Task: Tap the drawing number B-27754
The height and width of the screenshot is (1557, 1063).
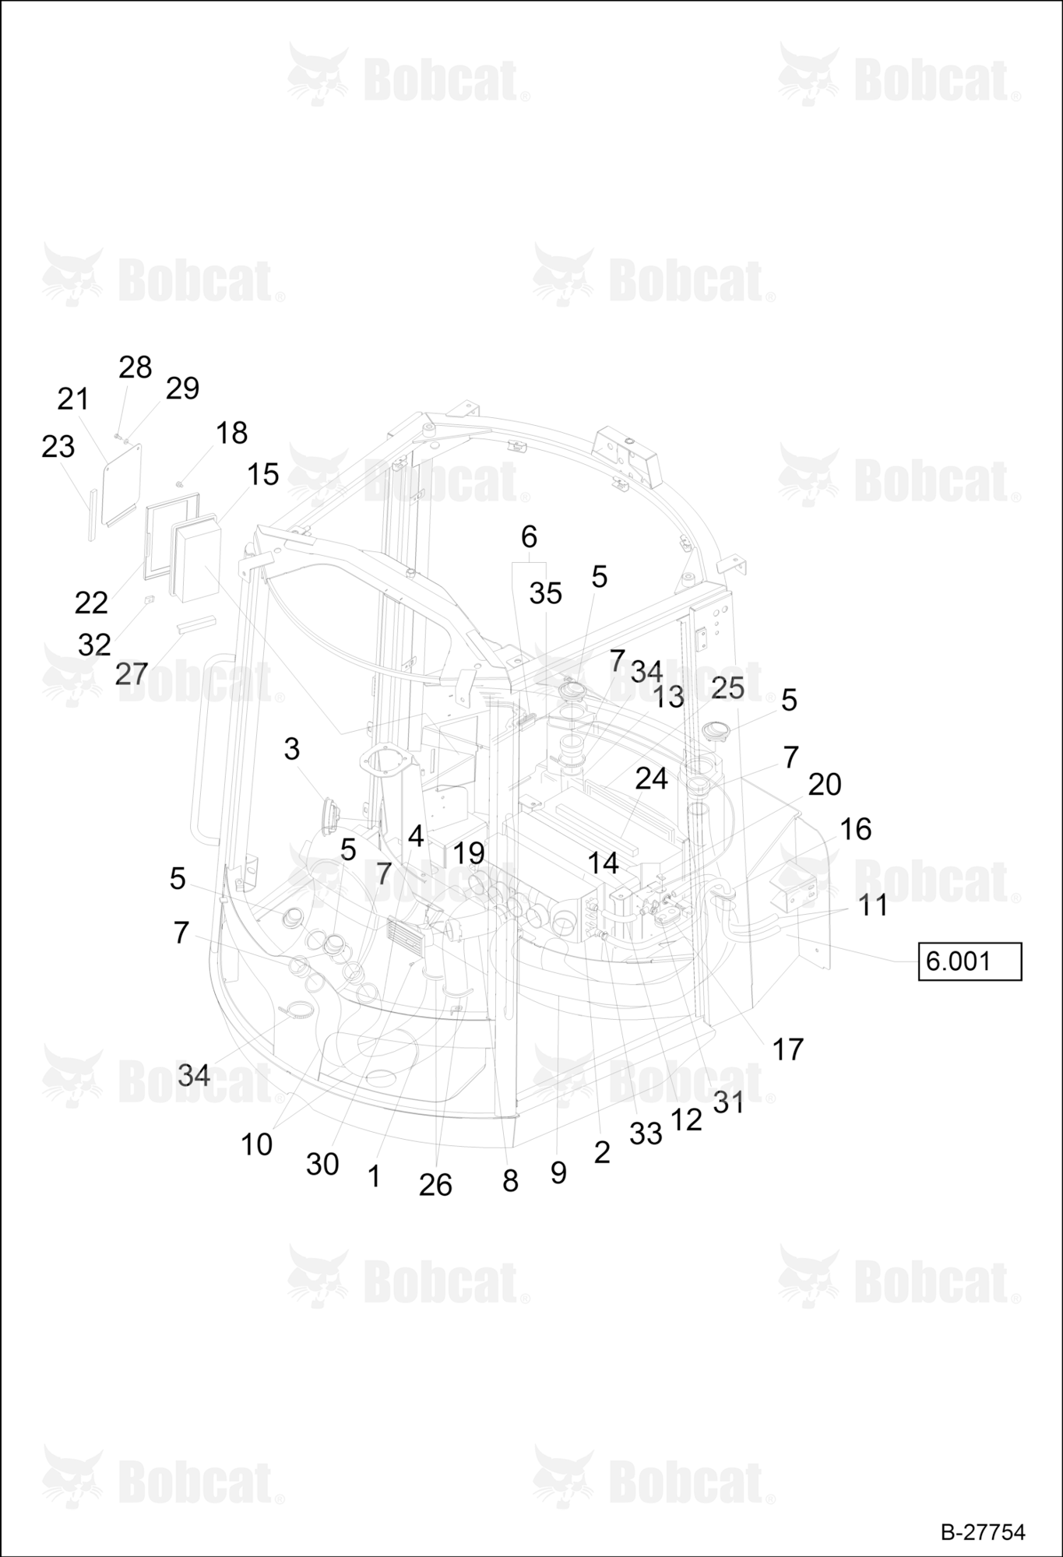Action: [983, 1531]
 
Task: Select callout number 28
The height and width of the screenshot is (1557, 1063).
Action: [135, 367]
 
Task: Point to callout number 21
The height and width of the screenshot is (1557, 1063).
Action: [73, 399]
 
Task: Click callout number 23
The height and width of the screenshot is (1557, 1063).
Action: [58, 447]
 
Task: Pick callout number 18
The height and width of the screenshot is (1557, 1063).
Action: [231, 433]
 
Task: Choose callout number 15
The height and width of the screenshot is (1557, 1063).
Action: [263, 474]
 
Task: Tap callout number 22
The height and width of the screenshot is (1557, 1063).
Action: [91, 603]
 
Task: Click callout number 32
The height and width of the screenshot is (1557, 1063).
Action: [94, 645]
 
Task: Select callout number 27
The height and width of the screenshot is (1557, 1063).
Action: [131, 673]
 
